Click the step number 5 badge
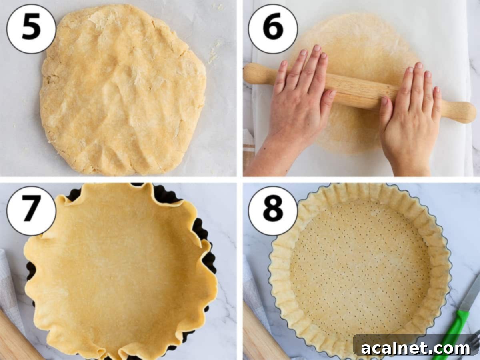pos(31,28)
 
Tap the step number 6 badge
pos(273,28)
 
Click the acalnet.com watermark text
pos(416,348)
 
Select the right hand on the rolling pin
pos(408,112)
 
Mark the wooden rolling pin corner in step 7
pos(16,340)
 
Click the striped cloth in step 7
pos(8,288)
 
